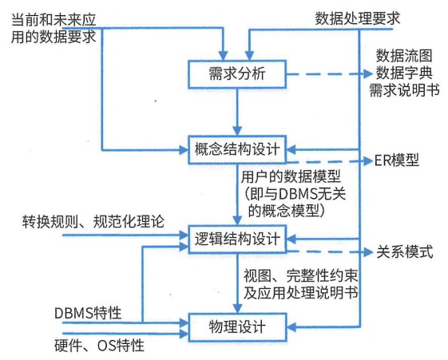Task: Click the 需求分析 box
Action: pyautogui.click(x=237, y=76)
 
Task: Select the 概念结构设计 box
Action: pyautogui.click(x=237, y=148)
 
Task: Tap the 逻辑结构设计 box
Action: pyautogui.click(x=237, y=238)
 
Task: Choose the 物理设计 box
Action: pyautogui.click(x=237, y=326)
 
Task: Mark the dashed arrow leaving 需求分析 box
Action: pyautogui.click(x=327, y=76)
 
